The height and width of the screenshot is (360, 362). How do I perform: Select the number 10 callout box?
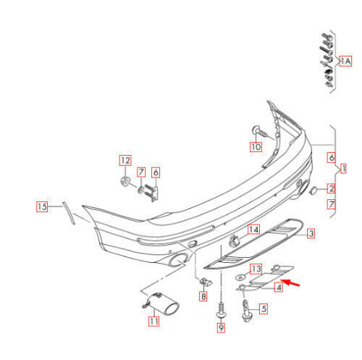pyautogui.click(x=256, y=146)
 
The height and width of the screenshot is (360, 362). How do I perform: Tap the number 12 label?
pyautogui.click(x=125, y=159)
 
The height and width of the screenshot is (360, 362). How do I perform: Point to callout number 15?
pyautogui.click(x=43, y=207)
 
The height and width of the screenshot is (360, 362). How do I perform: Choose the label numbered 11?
pyautogui.click(x=153, y=320)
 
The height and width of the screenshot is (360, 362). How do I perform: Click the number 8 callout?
pyautogui.click(x=203, y=296)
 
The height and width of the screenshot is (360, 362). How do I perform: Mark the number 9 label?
pyautogui.click(x=221, y=328)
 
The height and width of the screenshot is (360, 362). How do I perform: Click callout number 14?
pyautogui.click(x=253, y=230)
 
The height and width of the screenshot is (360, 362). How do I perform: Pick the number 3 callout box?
pyautogui.click(x=310, y=233)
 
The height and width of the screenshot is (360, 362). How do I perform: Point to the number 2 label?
pyautogui.click(x=330, y=189)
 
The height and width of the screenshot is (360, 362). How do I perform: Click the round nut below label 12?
pyautogui.click(x=125, y=179)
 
